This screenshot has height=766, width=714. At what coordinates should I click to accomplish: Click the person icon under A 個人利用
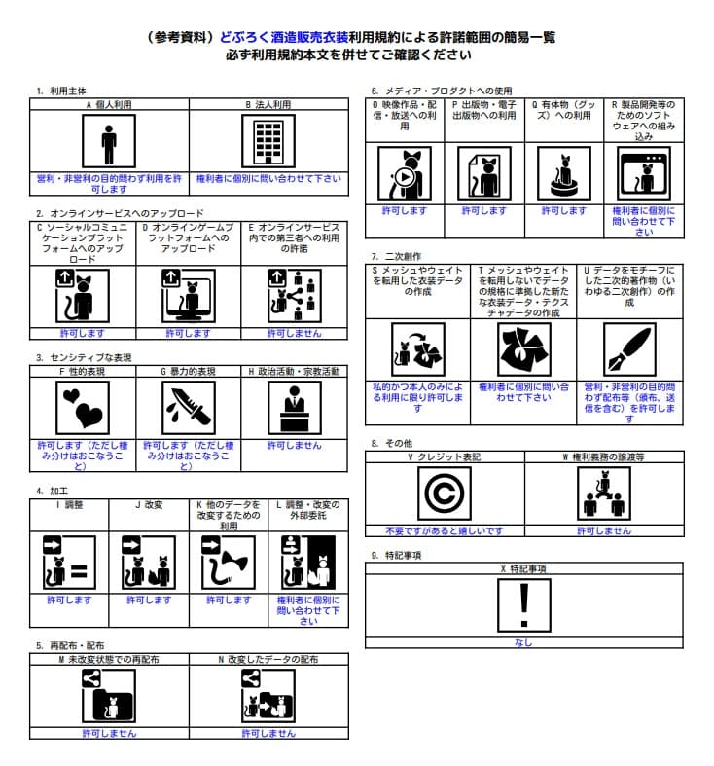click(x=109, y=144)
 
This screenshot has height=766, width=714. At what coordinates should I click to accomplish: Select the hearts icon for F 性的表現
click(x=82, y=408)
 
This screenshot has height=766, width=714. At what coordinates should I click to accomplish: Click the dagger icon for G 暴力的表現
click(x=188, y=408)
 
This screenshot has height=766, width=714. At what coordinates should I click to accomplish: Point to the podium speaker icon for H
click(x=295, y=408)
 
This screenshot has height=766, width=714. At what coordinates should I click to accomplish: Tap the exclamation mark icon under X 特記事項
click(x=524, y=606)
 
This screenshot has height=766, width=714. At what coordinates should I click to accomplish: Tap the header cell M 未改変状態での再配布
click(x=109, y=659)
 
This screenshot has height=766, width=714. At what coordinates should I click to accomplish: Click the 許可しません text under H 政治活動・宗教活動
click(x=295, y=445)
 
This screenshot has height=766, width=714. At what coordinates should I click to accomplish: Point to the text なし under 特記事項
click(x=523, y=643)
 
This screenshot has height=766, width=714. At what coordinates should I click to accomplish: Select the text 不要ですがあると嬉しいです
click(x=445, y=531)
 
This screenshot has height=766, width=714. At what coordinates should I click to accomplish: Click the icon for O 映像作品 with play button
click(x=405, y=173)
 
